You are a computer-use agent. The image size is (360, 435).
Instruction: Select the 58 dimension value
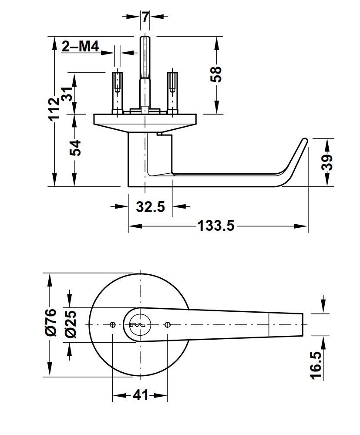click(216, 74)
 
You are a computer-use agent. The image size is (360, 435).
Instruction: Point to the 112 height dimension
click(54, 109)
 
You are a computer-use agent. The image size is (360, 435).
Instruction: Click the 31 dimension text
click(67, 94)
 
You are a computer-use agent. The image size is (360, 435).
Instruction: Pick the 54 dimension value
click(75, 148)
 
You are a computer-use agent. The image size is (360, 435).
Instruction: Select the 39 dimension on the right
click(328, 162)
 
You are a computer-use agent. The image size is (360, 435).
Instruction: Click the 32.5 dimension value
click(150, 207)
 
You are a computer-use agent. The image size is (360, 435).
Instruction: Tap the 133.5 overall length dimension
click(216, 226)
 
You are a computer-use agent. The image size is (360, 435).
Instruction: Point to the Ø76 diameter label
click(51, 322)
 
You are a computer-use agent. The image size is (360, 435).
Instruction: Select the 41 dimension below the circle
click(140, 396)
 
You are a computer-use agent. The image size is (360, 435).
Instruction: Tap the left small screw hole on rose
click(113, 324)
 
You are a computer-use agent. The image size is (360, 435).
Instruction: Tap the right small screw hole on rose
click(168, 324)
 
